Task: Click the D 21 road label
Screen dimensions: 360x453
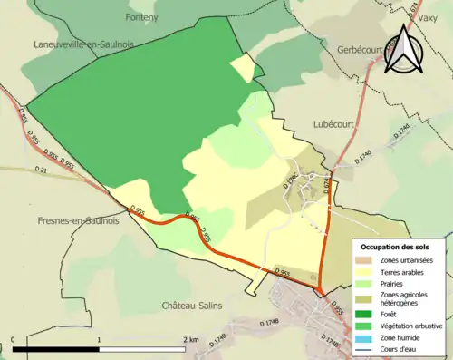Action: pos(37,170)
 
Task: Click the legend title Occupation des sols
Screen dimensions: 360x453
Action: pos(400,247)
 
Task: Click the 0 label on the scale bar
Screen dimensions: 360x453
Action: pos(14,340)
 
